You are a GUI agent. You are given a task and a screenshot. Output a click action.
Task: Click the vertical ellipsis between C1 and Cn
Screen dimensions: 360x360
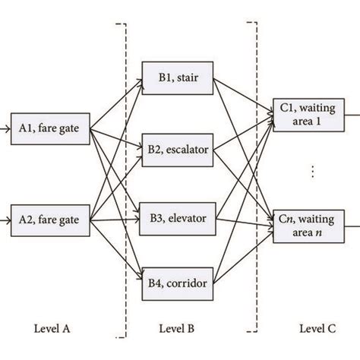[x=312, y=172]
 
